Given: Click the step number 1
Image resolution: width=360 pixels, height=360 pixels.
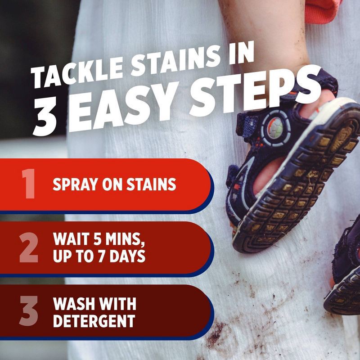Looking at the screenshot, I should (28, 184).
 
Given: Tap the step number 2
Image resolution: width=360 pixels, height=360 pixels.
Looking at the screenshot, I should (28, 248).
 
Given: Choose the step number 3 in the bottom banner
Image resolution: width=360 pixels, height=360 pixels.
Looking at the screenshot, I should (28, 311).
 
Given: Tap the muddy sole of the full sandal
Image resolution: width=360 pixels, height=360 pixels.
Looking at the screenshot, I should (297, 189).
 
